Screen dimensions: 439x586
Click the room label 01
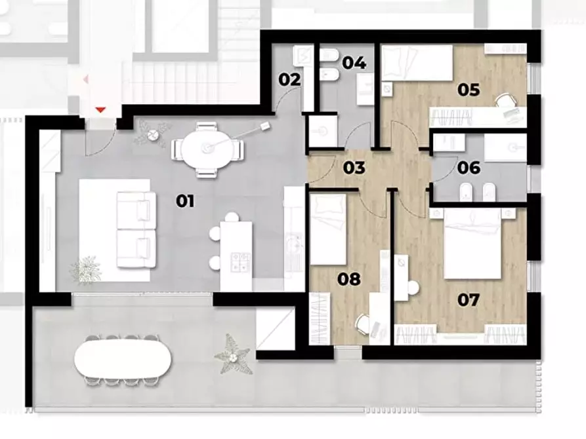click(x=186, y=201)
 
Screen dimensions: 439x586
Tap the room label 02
click(x=289, y=80)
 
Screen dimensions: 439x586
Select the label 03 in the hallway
click(x=354, y=168)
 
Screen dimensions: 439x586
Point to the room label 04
click(x=354, y=63)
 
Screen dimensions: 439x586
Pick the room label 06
click(x=470, y=168)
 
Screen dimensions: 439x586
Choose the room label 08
click(x=349, y=279)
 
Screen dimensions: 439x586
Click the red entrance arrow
click(x=100, y=109)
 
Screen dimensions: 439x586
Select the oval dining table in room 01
click(x=206, y=149)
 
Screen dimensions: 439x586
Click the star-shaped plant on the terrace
click(x=233, y=354)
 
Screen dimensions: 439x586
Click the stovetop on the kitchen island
click(x=239, y=261)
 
